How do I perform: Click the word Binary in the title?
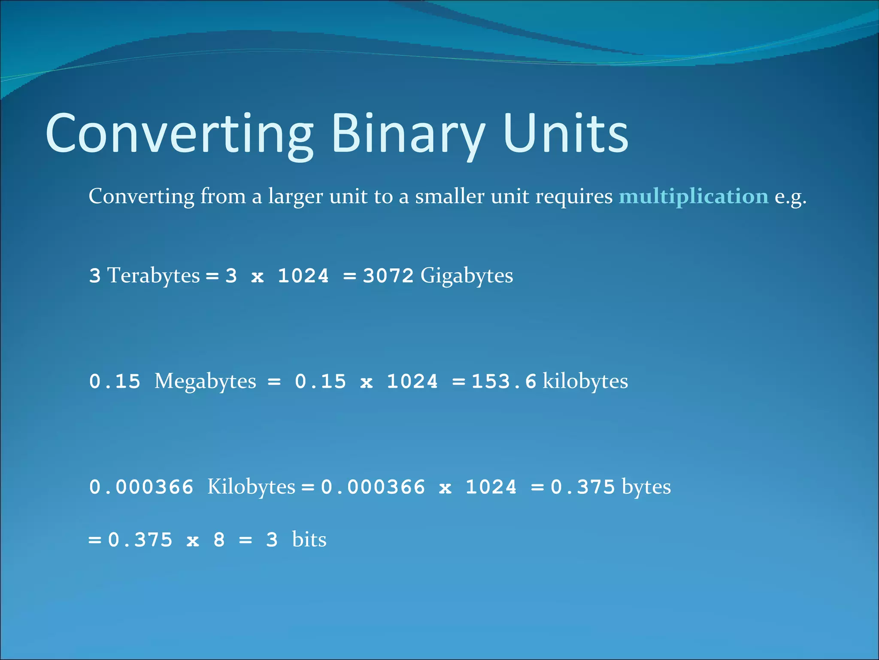tap(408, 133)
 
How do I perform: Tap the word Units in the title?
tap(566, 133)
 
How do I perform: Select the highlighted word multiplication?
tap(693, 196)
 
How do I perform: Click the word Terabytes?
tap(153, 275)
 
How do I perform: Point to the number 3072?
tap(388, 275)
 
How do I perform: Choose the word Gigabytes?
tap(467, 276)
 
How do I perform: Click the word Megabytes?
tap(205, 382)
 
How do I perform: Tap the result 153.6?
tap(504, 382)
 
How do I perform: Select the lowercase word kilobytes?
tap(585, 381)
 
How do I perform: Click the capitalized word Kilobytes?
tap(251, 487)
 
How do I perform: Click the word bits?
tap(309, 540)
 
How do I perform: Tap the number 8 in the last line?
tap(219, 540)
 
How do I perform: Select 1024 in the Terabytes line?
tap(303, 275)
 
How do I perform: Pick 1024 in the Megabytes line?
tap(412, 382)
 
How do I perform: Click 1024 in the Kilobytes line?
tap(491, 487)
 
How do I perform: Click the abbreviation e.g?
tap(790, 197)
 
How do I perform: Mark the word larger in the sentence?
tap(295, 197)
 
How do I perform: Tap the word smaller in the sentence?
tap(449, 196)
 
